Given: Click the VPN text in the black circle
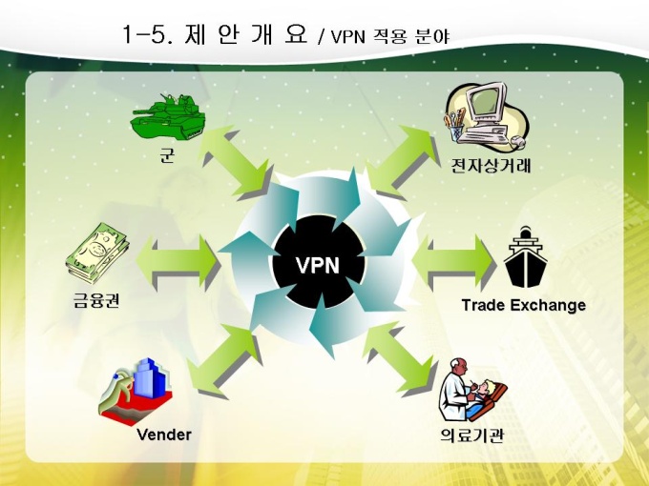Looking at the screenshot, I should pos(318,265).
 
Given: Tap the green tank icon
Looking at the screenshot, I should pos(168,118).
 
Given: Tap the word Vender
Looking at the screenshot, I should pos(164,435).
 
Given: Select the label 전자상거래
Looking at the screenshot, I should pos(492,167).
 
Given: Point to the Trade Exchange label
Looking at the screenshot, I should pos(523,305).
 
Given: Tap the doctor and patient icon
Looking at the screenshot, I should pos(472,391).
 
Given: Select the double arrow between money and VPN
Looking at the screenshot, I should pos(178,255).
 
